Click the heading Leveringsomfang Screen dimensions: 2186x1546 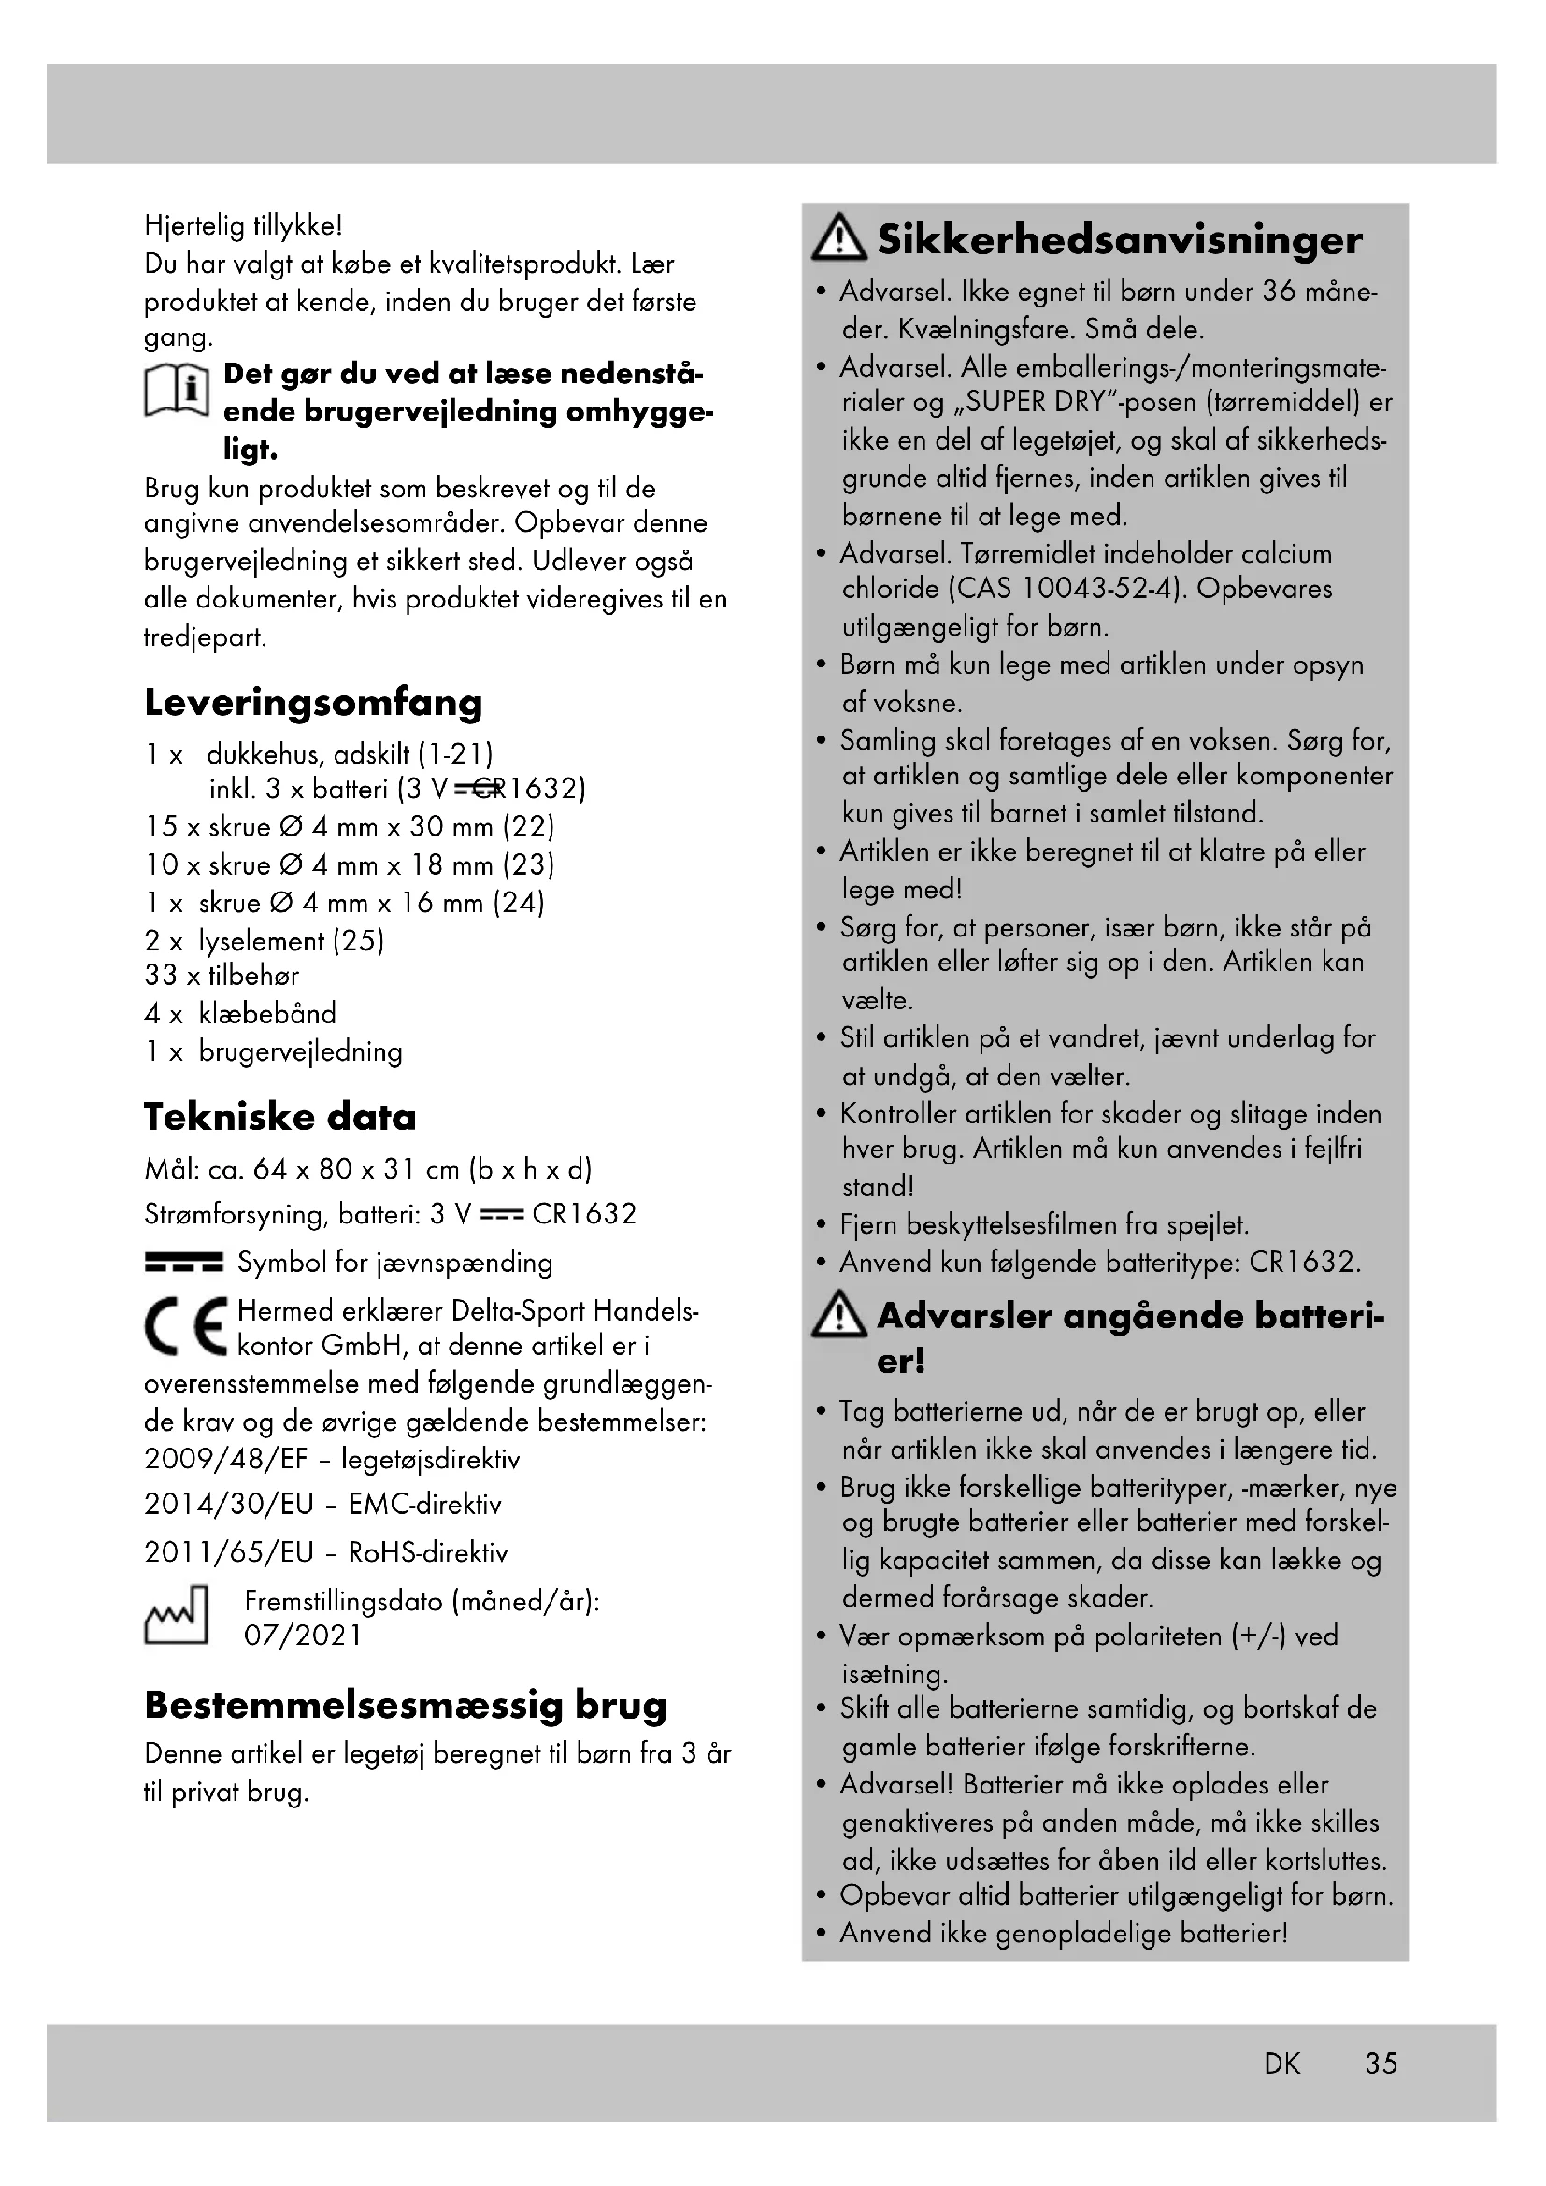coord(313,704)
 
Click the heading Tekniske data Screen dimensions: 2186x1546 coord(279,1118)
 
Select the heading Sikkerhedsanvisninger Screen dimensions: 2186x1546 coord(1119,240)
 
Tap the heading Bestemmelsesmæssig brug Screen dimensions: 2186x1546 coord(406,1706)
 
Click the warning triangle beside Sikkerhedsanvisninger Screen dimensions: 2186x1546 coord(838,239)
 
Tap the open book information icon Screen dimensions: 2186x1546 coord(176,391)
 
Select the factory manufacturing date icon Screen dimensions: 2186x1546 coord(176,1616)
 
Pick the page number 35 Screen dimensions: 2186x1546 coord(1381,2064)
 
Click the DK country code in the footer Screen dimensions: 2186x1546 coord(1282,2064)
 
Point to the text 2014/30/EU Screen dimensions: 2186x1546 coord(228,1505)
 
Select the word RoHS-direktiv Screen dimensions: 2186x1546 coord(428,1553)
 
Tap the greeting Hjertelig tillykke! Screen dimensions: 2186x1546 coord(243,226)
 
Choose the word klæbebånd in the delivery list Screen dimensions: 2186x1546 coord(267,1014)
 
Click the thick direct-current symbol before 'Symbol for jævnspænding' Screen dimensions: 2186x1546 coord(184,1264)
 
